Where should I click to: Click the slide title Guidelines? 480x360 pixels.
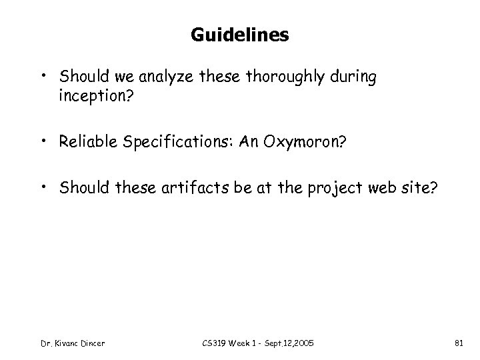[x=239, y=35]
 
